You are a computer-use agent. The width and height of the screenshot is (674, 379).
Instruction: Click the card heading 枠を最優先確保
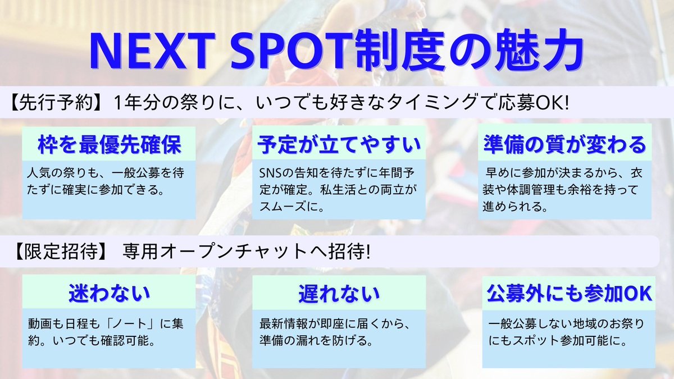tap(109, 145)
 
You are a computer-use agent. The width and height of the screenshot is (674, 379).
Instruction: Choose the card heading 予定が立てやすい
tap(339, 145)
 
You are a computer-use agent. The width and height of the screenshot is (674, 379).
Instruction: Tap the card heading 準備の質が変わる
tap(566, 145)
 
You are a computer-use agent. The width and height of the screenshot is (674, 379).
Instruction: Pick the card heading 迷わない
tap(109, 293)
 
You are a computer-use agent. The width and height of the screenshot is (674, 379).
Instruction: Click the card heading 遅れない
tap(339, 293)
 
